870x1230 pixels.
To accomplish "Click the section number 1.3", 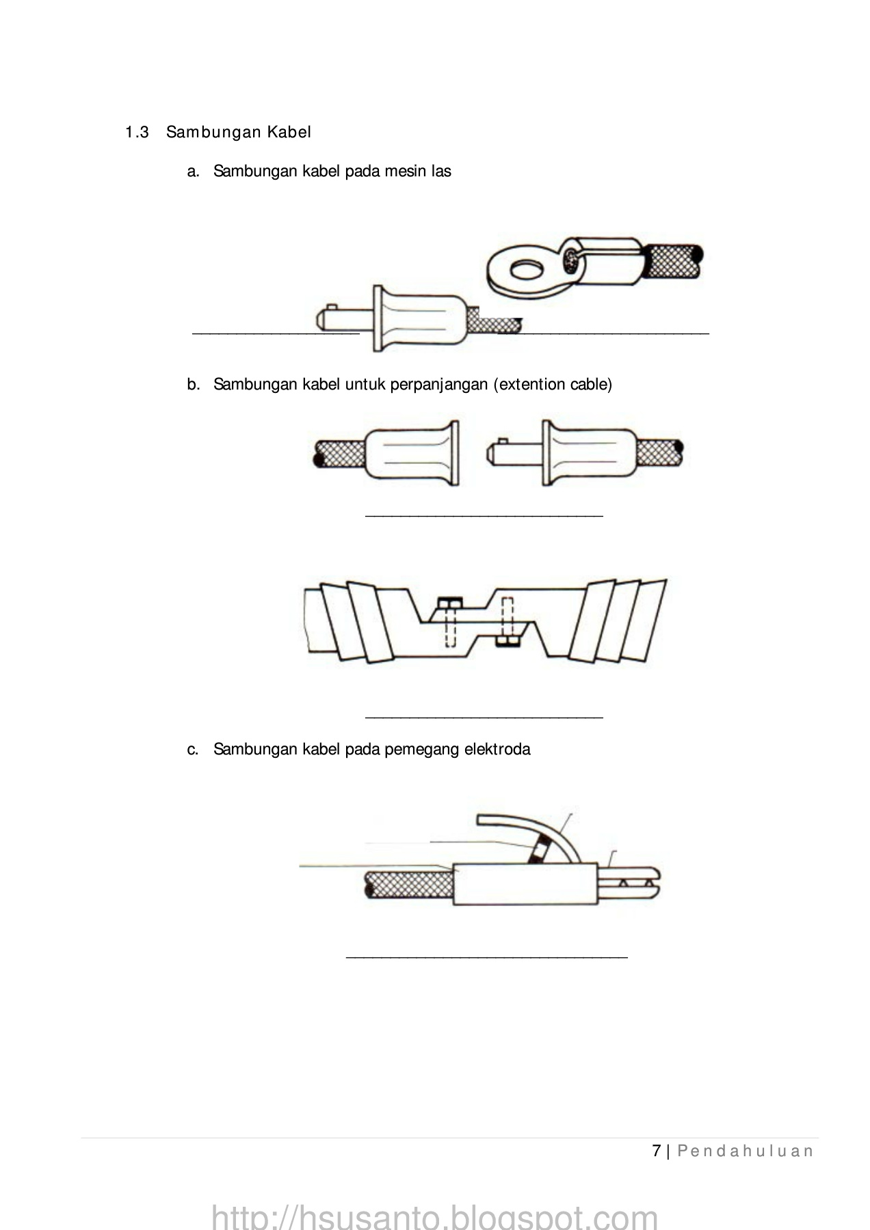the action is (137, 132).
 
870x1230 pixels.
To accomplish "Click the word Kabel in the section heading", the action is (289, 132).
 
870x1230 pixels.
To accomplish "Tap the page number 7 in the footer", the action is (657, 1151).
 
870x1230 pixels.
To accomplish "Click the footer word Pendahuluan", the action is (746, 1151).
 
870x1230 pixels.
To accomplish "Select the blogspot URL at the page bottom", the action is (435, 1216).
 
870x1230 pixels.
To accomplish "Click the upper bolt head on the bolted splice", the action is (450, 602).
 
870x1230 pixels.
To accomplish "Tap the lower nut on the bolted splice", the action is (507, 640).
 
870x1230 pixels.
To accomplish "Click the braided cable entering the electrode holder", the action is (410, 886).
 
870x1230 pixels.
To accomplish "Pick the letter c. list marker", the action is (193, 750).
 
